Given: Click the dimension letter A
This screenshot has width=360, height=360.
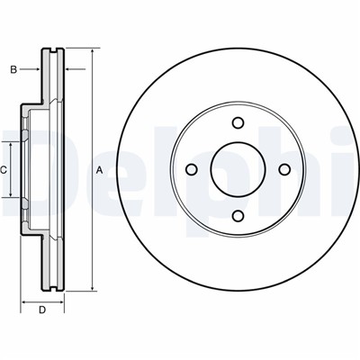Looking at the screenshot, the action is point(99,171).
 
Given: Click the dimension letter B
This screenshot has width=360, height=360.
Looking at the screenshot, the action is point(13,70).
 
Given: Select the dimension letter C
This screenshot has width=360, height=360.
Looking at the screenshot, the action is point(4,170).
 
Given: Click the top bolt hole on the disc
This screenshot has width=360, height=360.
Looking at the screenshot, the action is point(238,122).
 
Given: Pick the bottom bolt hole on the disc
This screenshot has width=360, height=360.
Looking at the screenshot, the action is point(238,216).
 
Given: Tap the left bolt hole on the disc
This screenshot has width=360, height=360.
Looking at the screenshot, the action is point(192,169).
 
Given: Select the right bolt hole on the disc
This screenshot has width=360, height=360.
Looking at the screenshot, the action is point(284,169).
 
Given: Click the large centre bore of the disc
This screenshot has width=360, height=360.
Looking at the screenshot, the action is point(238,169).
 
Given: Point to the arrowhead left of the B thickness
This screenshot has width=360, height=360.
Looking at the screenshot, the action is point(38,69).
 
